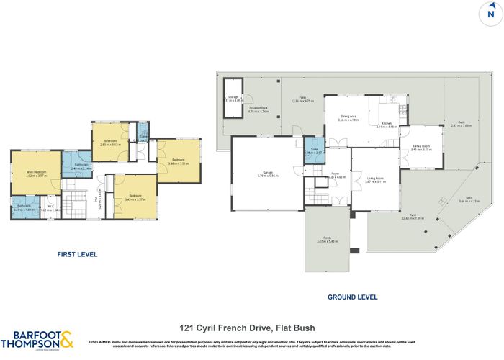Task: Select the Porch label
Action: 327,238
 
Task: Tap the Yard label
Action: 413,215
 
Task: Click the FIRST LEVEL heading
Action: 76,254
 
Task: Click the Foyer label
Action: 335,174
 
